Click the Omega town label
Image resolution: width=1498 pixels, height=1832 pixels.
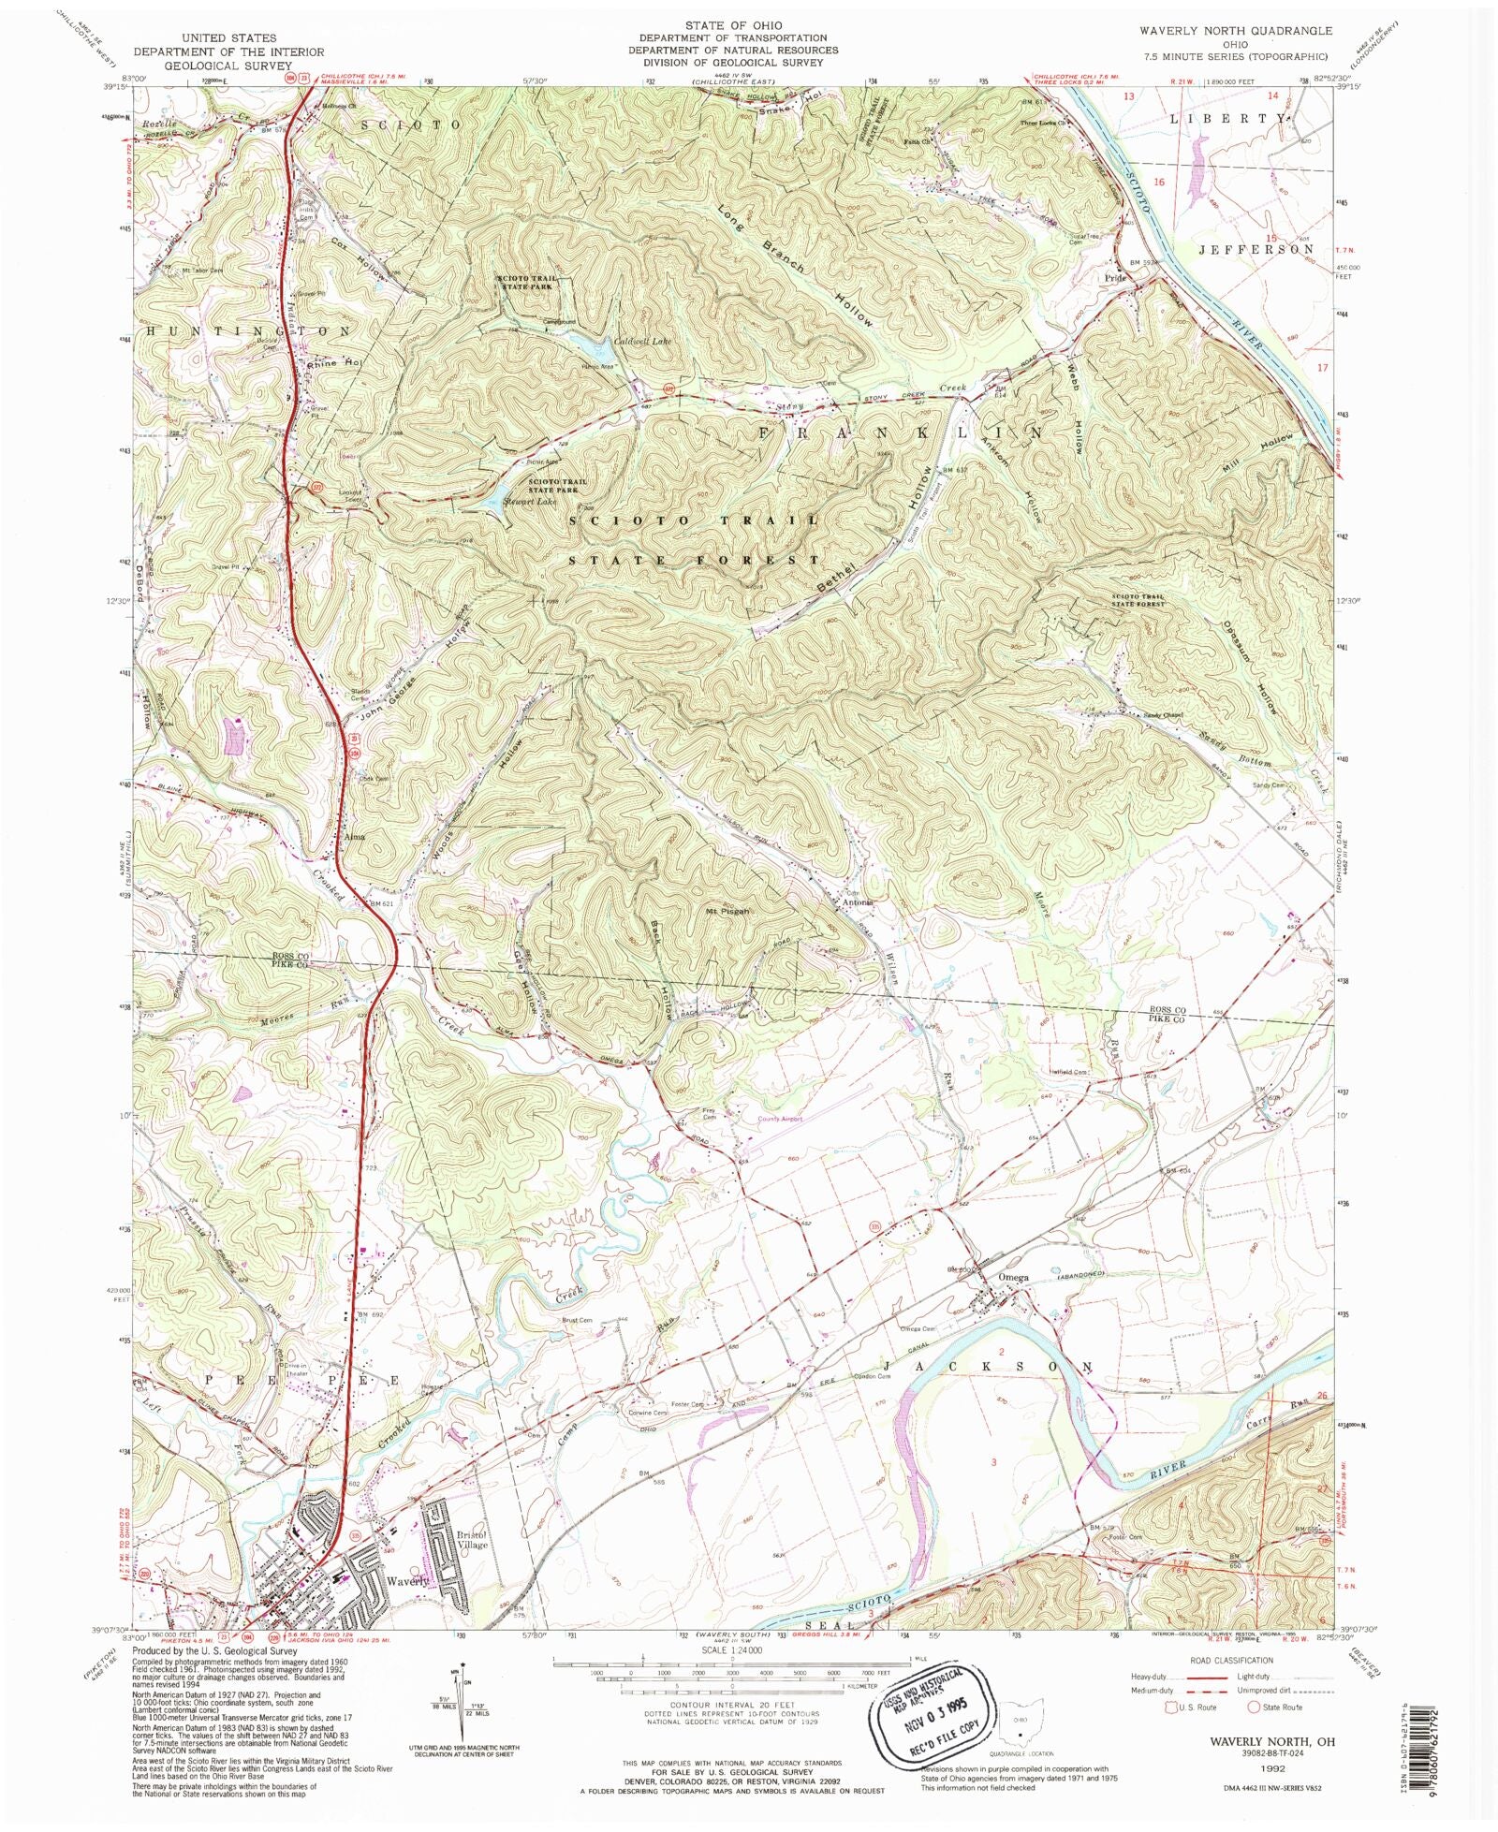tap(1014, 1277)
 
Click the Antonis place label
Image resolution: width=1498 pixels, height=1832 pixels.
tap(859, 902)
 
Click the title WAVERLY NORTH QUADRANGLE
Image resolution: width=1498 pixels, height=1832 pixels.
tap(1235, 31)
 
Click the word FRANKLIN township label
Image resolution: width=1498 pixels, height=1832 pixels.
tap(899, 433)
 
